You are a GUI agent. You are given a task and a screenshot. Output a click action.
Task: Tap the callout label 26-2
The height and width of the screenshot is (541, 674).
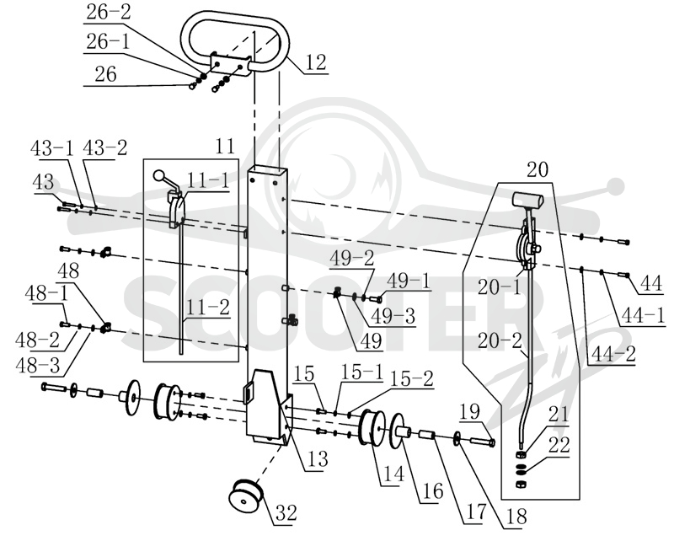click(x=108, y=13)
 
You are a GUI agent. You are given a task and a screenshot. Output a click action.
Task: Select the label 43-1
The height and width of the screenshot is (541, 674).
click(x=52, y=148)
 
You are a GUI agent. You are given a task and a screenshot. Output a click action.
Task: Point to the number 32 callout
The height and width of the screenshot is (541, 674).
click(x=286, y=512)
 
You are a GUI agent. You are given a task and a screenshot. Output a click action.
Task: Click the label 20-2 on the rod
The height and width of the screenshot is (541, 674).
click(x=499, y=340)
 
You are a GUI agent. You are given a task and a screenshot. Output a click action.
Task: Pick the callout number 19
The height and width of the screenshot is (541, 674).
click(x=470, y=411)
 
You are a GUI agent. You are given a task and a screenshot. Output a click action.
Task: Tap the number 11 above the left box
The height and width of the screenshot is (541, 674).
click(x=225, y=146)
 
